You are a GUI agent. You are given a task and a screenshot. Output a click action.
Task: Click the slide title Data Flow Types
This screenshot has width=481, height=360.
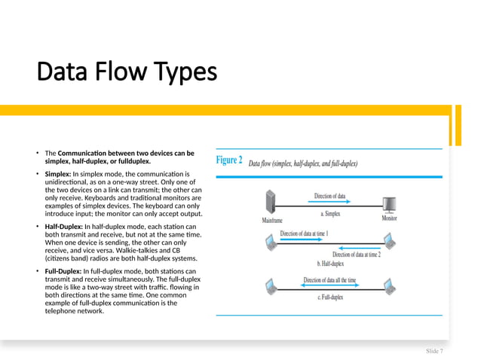127,72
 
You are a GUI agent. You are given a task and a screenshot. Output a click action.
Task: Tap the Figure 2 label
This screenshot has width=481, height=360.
229,161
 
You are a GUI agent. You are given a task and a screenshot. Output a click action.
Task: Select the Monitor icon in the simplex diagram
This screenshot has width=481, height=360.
390,204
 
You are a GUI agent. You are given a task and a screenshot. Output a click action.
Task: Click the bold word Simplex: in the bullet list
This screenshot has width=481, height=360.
58,174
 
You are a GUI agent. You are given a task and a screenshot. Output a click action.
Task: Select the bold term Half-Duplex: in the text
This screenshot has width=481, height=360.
64,227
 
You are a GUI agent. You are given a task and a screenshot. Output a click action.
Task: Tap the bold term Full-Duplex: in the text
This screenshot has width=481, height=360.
64,271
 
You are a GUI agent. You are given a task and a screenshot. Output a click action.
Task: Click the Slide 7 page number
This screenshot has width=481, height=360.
434,351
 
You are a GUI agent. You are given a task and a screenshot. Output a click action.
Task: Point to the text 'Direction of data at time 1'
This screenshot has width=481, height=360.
304,233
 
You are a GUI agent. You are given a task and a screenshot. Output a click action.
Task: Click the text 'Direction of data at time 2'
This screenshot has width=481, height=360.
357,255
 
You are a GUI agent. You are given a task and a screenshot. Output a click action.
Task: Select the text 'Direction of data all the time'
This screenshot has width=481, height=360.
329,280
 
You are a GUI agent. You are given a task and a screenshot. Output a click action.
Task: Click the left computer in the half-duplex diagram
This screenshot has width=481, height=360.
271,243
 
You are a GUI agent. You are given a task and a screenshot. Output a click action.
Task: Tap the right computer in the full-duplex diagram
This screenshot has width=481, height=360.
389,286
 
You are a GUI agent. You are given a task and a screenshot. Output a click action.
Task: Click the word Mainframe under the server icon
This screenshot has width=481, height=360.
272,221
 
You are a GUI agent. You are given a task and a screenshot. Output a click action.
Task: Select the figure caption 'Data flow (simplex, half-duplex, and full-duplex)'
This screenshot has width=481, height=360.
303,163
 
